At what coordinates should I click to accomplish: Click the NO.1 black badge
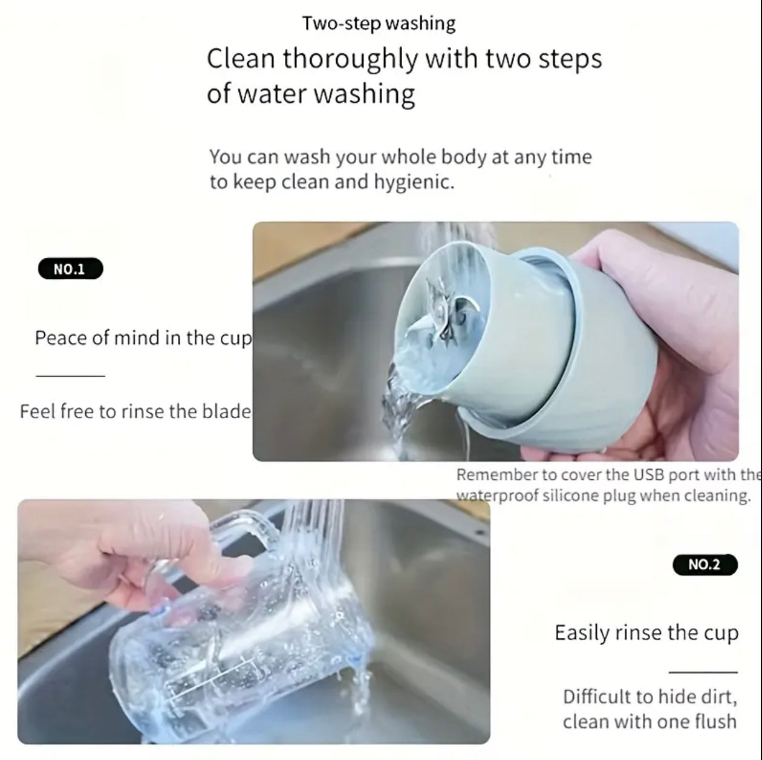coord(71,269)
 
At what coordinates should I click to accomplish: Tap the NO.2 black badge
coord(705,565)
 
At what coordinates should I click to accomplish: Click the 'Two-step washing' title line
coord(379,24)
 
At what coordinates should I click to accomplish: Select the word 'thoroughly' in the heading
coord(350,59)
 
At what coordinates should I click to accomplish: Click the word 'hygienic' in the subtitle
coord(414,183)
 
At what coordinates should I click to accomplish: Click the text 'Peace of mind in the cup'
coord(143,338)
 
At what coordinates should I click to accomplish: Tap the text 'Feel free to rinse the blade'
coord(135,411)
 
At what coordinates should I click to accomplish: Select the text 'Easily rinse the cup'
coord(646,633)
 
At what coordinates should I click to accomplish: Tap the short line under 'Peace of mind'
coord(70,376)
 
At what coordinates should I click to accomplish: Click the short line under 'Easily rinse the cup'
coord(703,672)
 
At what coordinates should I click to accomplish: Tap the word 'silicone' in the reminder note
coord(571,496)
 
